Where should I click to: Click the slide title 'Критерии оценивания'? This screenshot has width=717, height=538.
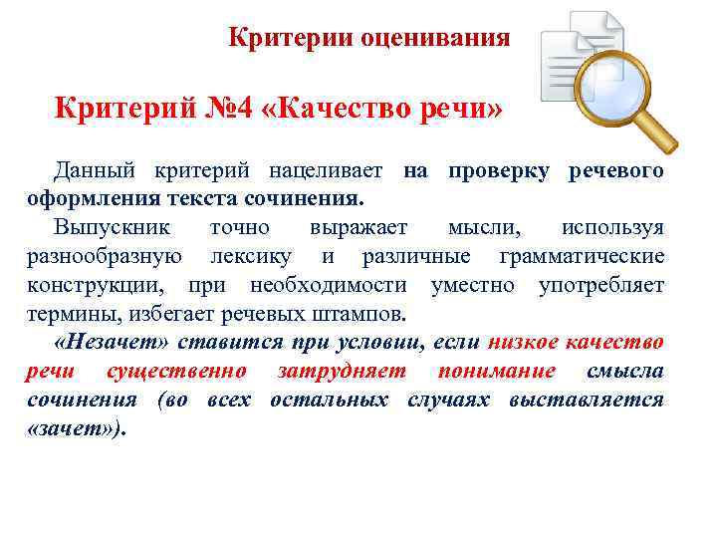368,39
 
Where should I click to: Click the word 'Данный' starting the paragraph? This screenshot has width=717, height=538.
94,170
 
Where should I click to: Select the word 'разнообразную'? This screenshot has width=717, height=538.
104,257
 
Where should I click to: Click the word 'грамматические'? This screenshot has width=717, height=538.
582,257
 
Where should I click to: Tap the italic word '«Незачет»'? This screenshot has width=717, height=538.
115,343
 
